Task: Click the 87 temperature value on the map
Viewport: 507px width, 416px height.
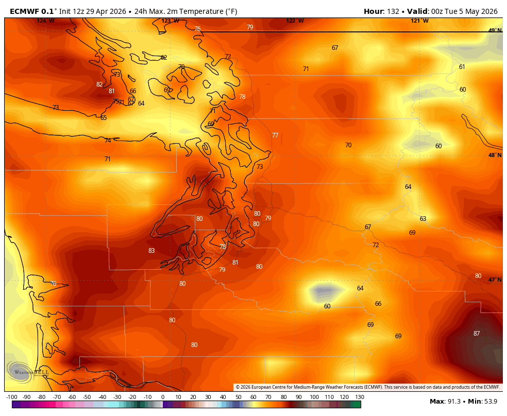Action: tap(477, 334)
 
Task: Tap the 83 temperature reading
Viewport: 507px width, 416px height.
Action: tap(151, 251)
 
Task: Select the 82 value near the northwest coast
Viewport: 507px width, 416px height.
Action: tap(99, 84)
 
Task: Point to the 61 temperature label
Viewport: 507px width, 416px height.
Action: tap(462, 67)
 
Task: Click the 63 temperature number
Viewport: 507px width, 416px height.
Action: tap(423, 219)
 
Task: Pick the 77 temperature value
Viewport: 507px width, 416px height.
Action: tap(275, 135)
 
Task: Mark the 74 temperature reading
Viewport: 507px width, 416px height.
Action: tap(108, 141)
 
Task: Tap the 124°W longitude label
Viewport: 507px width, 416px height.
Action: tap(45, 21)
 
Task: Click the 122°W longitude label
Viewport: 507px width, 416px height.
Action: tap(295, 21)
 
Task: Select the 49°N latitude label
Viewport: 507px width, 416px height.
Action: tap(495, 30)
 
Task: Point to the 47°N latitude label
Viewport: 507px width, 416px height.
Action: tap(495, 280)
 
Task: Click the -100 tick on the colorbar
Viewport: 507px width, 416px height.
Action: tap(11, 397)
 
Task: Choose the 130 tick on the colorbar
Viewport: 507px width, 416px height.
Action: tap(360, 397)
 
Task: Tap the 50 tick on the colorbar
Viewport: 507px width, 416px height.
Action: tap(239, 397)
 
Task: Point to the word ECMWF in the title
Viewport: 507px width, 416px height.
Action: tap(25, 11)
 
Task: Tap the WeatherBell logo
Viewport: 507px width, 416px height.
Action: tap(28, 371)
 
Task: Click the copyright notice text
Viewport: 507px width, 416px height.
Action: tap(368, 387)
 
